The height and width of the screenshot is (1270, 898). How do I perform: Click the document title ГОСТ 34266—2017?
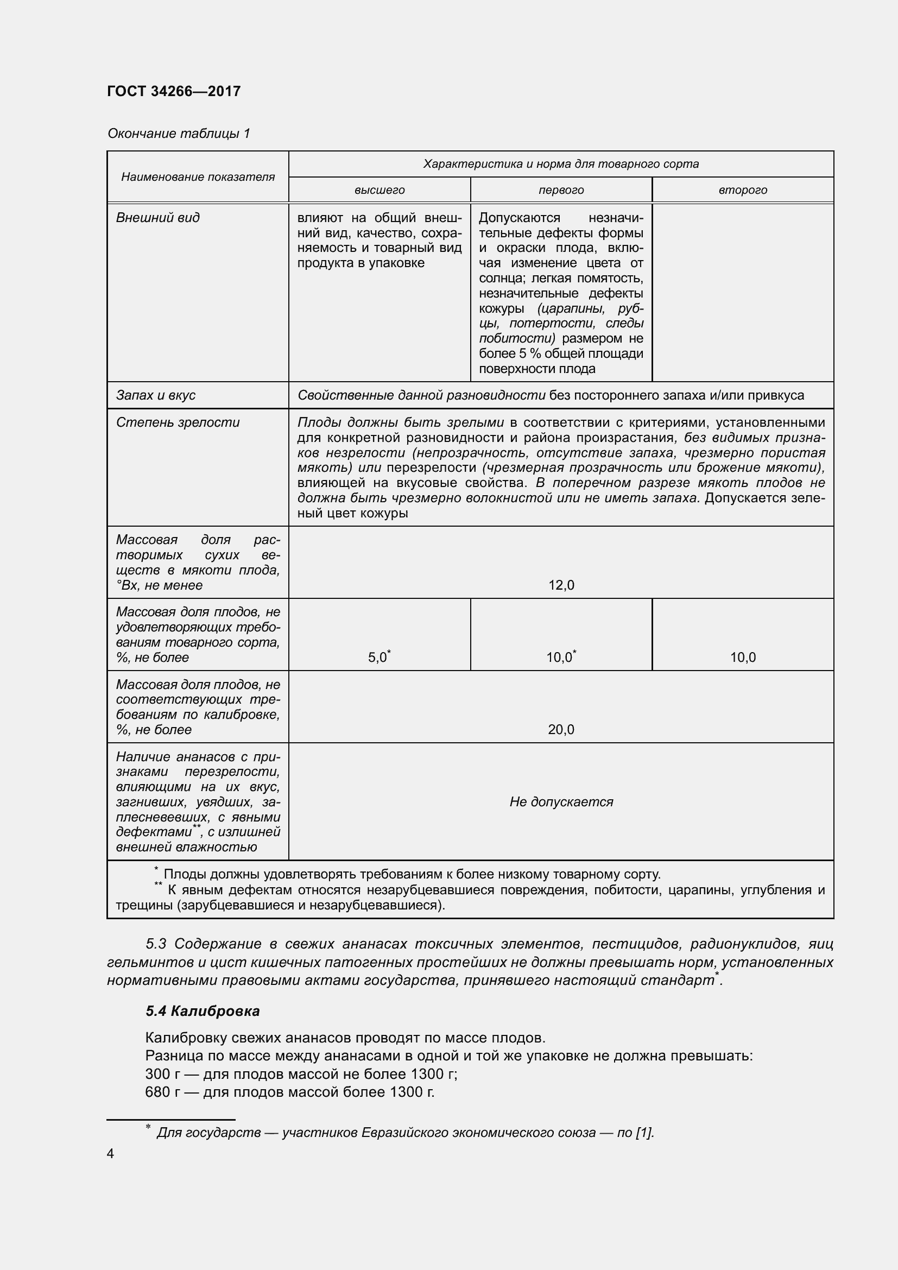174,91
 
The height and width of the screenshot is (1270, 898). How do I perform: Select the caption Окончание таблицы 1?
179,134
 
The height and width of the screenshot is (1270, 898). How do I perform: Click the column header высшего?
380,190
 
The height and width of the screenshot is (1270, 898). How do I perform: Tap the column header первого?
561,190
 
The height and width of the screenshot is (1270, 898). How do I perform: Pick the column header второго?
743,190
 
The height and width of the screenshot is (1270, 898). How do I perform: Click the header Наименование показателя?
198,177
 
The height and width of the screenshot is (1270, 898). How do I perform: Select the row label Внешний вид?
157,218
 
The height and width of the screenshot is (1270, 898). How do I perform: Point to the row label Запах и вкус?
155,395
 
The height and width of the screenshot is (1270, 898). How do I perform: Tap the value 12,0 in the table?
561,585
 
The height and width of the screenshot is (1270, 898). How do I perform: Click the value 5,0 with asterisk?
378,658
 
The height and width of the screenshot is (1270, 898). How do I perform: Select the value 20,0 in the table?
561,730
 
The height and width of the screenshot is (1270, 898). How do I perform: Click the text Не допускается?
561,801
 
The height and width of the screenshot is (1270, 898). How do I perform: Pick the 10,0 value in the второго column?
743,658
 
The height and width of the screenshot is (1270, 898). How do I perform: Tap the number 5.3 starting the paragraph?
157,944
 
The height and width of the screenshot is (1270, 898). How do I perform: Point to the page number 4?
111,1154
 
